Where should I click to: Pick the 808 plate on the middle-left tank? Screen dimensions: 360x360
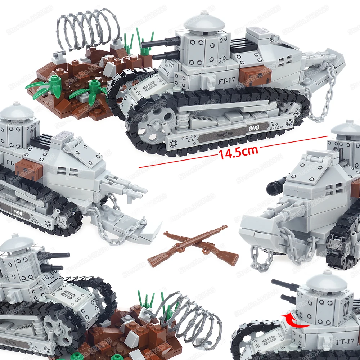click(18, 212)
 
